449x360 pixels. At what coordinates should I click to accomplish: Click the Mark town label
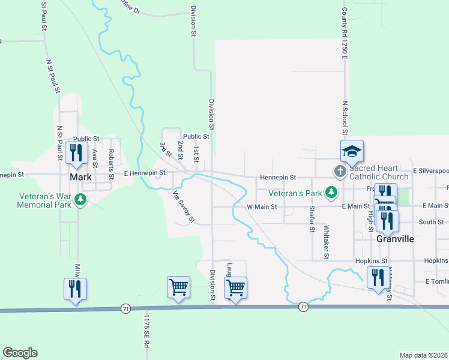80,178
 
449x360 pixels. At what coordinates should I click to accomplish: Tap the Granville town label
395,239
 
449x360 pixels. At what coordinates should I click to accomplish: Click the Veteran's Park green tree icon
330,192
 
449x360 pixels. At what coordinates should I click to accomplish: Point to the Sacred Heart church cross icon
340,172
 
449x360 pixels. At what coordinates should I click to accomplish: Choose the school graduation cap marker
352,151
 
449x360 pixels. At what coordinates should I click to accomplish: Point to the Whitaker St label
327,242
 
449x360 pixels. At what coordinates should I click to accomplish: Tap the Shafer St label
312,219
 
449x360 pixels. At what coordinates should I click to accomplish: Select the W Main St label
262,207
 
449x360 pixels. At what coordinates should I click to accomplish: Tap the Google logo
20,353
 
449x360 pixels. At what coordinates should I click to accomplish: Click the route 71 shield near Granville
303,307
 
